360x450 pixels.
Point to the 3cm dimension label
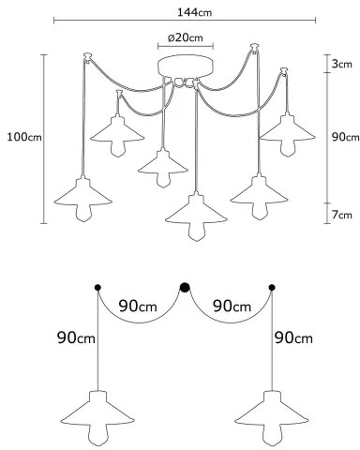pos(341,64)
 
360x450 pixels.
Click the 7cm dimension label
pos(341,216)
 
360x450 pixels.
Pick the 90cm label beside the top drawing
pos(343,138)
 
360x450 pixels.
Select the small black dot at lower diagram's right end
pos(272,287)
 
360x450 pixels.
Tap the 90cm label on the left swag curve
pos(138,306)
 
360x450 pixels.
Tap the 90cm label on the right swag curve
pos(231,306)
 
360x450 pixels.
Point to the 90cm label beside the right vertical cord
pos(292,337)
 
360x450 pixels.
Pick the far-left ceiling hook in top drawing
pos(87,56)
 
